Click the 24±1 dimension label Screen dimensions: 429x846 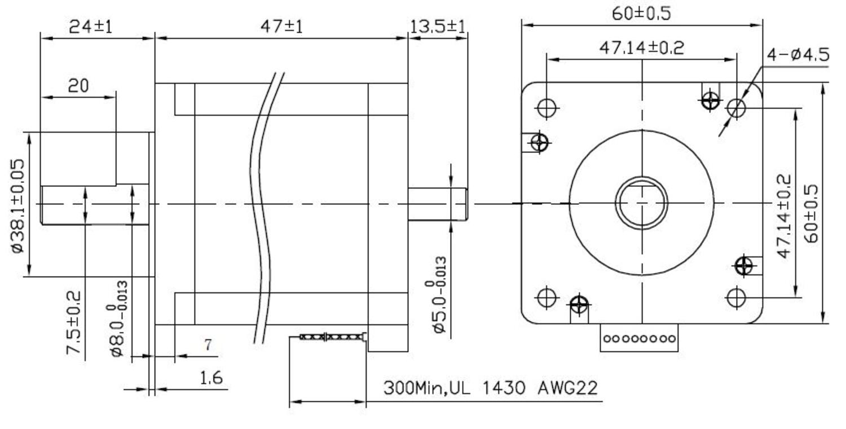click(90, 26)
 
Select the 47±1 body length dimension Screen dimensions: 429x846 click(281, 26)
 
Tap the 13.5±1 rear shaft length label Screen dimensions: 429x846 click(438, 26)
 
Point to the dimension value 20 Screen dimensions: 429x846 click(79, 86)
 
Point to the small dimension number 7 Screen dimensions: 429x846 click(208, 345)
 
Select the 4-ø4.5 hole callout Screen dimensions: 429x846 click(797, 55)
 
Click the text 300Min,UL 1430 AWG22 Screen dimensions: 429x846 click(490, 388)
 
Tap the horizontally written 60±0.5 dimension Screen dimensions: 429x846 click(642, 13)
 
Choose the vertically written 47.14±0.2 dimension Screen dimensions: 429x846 click(784, 216)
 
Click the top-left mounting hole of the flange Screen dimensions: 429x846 click(547, 107)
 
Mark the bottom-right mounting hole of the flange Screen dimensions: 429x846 click(736, 297)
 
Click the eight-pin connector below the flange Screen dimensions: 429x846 click(638, 339)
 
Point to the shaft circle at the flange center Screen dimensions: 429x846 click(641, 203)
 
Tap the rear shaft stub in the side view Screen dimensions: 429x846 click(437, 204)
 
